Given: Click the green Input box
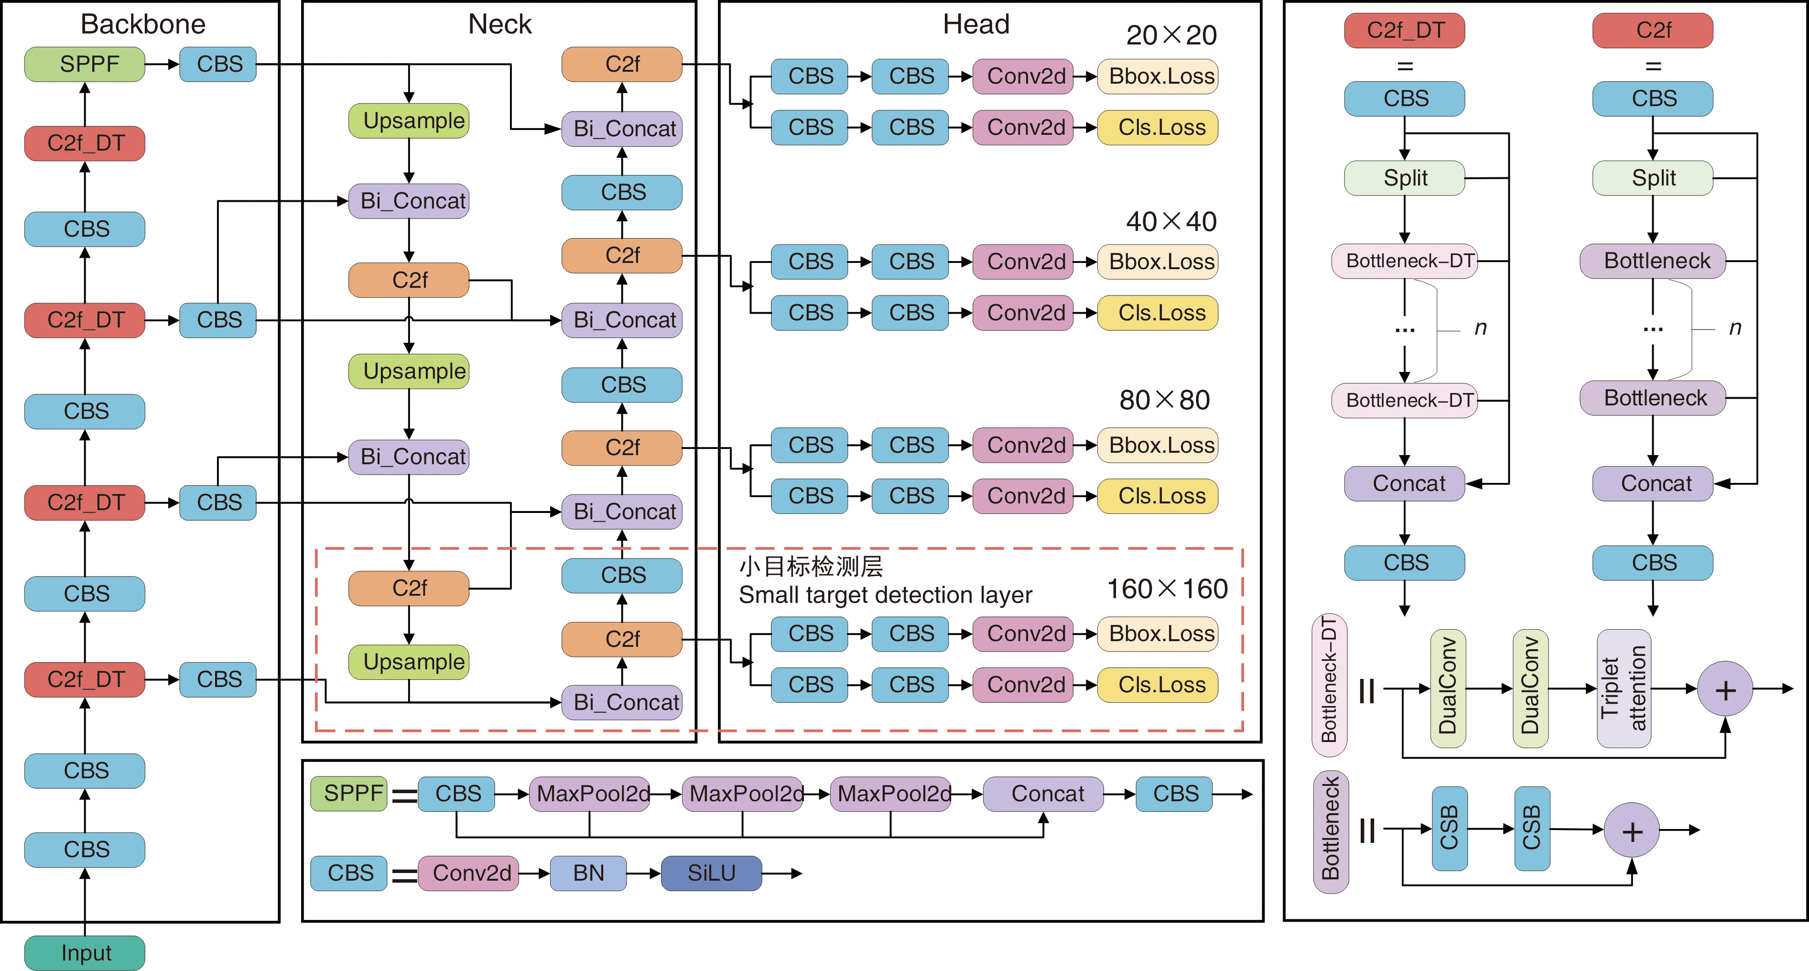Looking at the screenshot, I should click(x=85, y=953).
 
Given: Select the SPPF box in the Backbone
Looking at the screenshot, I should click(x=85, y=65).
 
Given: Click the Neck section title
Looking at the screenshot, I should click(x=499, y=24).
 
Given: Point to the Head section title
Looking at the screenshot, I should click(x=975, y=24).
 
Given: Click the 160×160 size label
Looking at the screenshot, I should click(x=1167, y=589).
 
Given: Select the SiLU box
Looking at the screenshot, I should click(x=711, y=873).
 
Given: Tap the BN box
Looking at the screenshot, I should click(x=588, y=873).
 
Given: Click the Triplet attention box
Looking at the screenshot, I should click(x=1623, y=688).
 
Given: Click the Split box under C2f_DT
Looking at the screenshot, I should click(x=1405, y=178).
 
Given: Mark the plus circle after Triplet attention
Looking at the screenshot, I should click(x=1725, y=689).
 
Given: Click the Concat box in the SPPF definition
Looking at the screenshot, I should click(x=1043, y=794).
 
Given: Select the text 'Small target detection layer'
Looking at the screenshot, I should click(x=885, y=595).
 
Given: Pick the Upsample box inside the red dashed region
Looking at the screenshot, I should click(x=409, y=662).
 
